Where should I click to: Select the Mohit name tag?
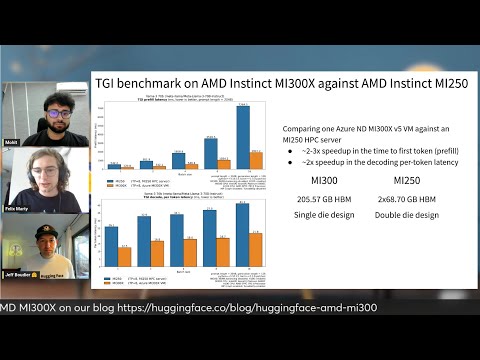tap(12, 143)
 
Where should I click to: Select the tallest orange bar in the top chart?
tap(256, 159)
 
